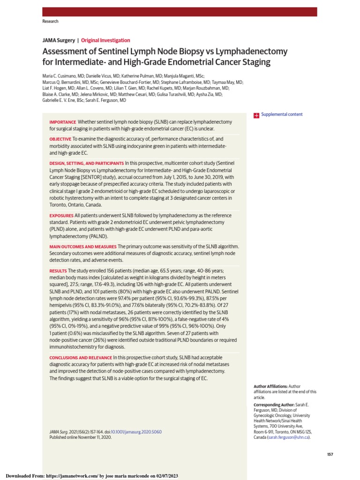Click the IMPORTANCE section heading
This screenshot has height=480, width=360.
point(63,122)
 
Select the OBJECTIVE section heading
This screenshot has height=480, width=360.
point(60,139)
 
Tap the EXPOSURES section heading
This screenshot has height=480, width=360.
point(61,216)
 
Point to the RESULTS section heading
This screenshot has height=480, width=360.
point(58,271)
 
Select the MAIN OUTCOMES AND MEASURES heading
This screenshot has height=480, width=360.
point(83,247)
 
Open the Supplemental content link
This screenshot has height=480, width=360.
point(282,114)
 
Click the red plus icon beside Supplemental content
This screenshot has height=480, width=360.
point(256,115)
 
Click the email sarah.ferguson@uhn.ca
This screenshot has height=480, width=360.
point(289,437)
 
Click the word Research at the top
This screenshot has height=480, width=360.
point(51,22)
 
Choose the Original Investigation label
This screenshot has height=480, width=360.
point(105,40)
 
